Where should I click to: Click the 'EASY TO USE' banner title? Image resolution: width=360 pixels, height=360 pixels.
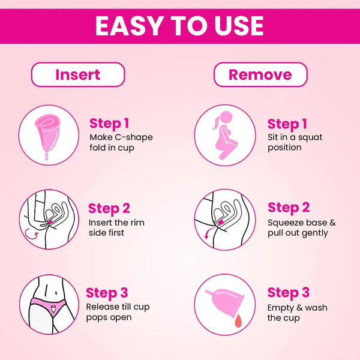coord(179,26)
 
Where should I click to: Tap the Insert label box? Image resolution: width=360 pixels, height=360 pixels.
coord(78,74)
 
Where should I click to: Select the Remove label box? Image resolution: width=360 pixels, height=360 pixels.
coord(260,74)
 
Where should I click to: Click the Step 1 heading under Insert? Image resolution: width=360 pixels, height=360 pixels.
coord(109,124)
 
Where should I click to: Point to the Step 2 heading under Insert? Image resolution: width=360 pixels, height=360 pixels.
coord(109,209)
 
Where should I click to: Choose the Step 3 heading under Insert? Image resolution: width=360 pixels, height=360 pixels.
coord(107,293)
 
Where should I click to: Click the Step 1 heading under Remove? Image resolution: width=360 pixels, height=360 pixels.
coord(287,124)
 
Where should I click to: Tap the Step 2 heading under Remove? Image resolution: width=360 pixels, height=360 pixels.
coord(289,208)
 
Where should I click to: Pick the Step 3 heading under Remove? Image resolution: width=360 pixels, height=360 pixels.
coord(289,293)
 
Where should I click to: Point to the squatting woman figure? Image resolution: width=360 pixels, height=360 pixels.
coord(225,136)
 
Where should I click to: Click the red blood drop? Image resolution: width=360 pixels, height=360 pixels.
coord(238,320)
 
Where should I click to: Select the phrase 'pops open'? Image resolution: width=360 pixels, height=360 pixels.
coord(109,318)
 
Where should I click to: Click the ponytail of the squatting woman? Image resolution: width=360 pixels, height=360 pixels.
coord(216,123)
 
